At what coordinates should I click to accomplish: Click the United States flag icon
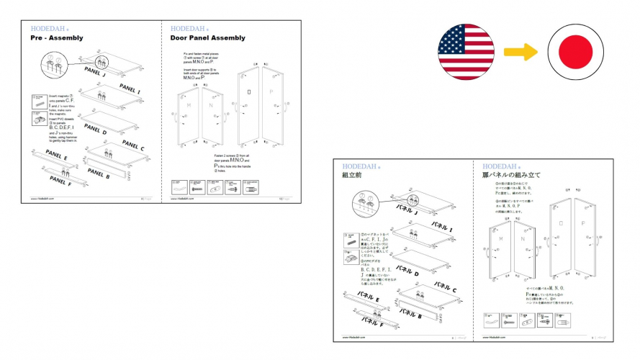(466, 50)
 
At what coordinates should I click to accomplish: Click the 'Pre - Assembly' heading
(56, 37)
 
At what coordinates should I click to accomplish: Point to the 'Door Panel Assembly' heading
(207, 37)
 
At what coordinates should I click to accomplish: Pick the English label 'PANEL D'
(96, 130)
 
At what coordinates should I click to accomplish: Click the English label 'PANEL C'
(132, 145)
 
